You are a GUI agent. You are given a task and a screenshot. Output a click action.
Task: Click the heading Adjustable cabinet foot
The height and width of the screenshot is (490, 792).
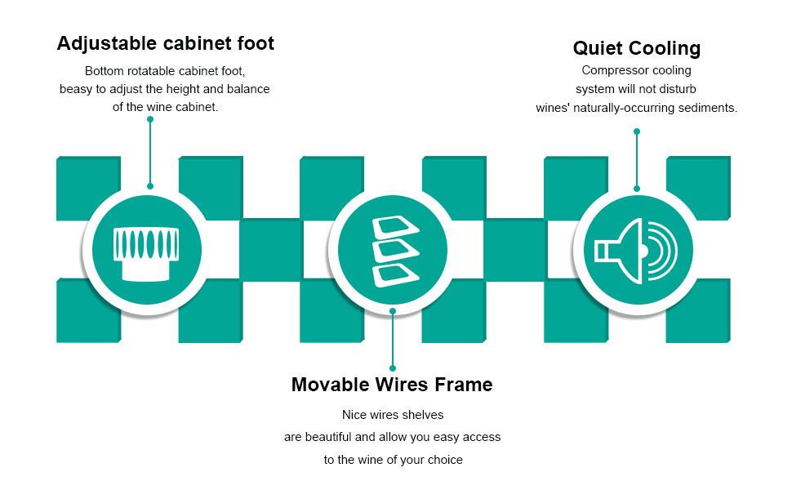coord(165,44)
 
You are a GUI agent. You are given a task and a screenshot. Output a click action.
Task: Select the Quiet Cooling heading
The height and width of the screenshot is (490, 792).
coord(636,48)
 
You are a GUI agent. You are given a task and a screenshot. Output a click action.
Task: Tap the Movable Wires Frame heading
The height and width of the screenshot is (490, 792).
coord(392,384)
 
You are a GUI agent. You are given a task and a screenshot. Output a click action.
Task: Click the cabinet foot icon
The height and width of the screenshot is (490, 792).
coord(146,252)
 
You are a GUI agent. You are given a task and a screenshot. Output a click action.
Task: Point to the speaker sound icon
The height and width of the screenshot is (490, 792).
coord(636,251)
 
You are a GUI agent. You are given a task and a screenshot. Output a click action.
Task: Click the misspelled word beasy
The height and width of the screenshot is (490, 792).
coord(76,89)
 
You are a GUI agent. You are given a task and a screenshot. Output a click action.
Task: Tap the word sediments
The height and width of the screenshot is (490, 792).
coord(708,108)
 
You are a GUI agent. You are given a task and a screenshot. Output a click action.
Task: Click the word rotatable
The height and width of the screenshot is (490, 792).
coord(155,71)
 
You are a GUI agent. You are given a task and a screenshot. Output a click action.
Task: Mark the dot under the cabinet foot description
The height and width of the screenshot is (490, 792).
coord(150,119)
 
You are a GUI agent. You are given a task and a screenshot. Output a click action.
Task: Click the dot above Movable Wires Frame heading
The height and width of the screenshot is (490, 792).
coord(393,368)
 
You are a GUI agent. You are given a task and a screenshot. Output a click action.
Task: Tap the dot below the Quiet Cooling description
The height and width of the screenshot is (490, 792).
coord(637,131)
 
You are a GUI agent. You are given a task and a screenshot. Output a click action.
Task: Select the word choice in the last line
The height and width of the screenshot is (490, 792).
coord(445,460)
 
